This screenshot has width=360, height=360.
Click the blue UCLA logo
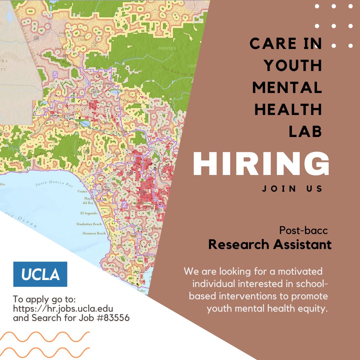40,274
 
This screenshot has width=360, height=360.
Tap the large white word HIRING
261,164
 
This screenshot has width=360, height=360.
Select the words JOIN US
292,189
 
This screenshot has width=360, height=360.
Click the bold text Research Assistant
270,245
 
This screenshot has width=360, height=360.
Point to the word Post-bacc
304,230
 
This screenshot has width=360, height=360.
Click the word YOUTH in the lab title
293,66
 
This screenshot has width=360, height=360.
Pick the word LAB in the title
305,131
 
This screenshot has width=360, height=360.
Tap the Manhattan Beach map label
89,224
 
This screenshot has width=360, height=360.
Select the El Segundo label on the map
89,213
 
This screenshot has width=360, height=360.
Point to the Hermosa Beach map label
94,233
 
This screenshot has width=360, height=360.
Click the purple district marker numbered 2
124,204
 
